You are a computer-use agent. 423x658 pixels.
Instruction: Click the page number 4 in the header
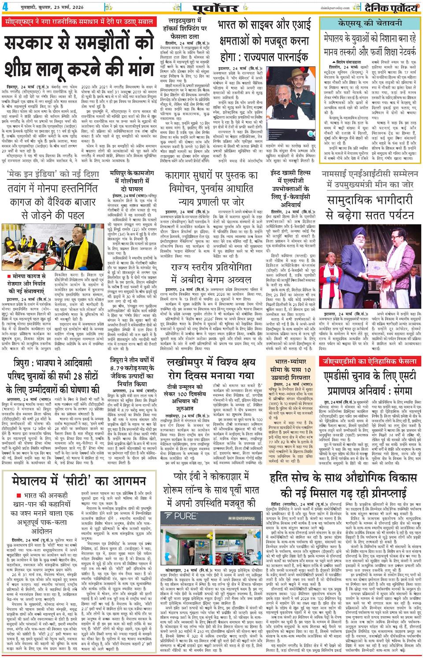[5, 6]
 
